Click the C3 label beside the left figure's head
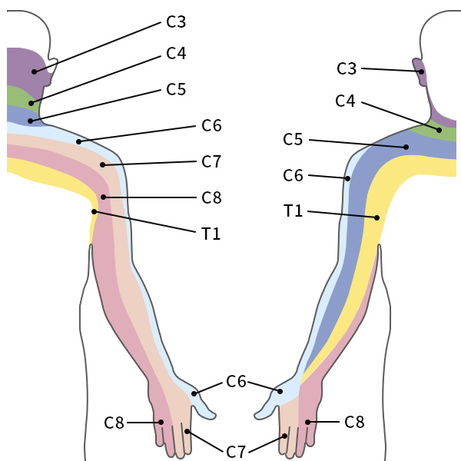point(176,22)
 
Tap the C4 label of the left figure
point(176,54)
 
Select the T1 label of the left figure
point(211,234)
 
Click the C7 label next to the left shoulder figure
point(211,161)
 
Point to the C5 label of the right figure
point(293,140)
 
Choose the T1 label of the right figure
point(293,211)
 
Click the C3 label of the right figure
point(347,68)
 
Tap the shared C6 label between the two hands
point(236,381)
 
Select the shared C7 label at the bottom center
point(236,452)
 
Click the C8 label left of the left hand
point(114,422)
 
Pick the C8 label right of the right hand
point(354,422)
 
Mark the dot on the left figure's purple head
point(35,71)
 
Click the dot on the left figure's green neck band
point(32,102)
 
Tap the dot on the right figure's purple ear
point(422,71)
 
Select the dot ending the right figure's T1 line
point(377,218)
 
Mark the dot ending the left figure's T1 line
point(95,211)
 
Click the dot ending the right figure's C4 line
point(439,130)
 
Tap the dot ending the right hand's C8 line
point(308,422)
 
